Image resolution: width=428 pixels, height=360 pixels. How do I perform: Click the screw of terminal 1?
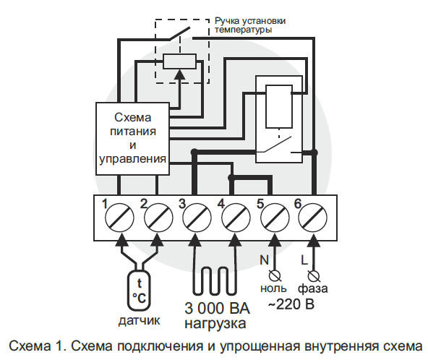click(119, 218)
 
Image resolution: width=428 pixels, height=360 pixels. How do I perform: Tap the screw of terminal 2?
click(158, 218)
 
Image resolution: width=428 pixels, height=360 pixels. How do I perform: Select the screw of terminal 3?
click(197, 218)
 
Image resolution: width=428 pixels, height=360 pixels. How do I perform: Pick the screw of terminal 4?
click(236, 218)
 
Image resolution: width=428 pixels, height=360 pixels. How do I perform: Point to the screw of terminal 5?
click(275, 218)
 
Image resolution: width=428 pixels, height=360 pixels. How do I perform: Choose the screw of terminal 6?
click(313, 218)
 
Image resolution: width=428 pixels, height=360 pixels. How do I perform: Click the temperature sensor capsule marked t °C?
click(139, 290)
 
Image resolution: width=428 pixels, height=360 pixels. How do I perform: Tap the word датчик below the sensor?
click(139, 320)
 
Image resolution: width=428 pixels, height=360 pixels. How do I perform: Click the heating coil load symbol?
click(215, 281)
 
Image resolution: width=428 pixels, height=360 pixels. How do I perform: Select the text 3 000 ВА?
click(217, 308)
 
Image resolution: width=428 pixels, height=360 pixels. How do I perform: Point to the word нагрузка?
click(215, 324)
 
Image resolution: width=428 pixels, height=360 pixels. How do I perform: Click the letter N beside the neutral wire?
click(264, 260)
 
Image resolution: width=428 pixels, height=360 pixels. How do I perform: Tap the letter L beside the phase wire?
click(304, 260)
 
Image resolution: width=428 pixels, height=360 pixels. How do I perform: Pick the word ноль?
click(273, 288)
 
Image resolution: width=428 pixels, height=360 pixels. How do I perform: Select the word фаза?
click(313, 288)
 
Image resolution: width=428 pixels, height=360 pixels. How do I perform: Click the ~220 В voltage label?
click(291, 304)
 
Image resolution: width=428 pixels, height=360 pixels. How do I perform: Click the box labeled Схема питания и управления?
click(132, 139)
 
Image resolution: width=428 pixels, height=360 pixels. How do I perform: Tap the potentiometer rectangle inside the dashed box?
click(179, 61)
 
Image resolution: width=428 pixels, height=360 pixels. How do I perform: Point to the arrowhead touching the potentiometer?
click(179, 74)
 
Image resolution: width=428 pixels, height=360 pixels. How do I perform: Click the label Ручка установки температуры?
click(250, 25)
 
